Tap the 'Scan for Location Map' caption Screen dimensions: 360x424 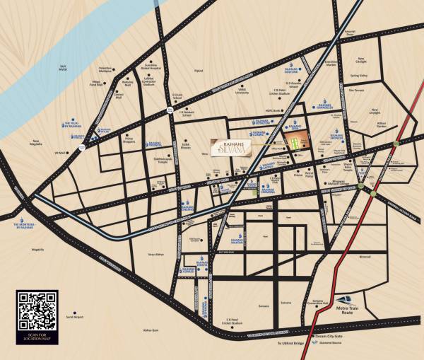(36, 338)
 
